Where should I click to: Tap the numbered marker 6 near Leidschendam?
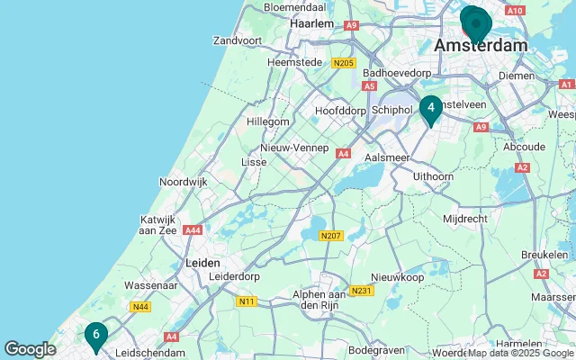[x=95, y=336]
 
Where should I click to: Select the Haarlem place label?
[x=311, y=23]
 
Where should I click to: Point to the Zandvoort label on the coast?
[x=238, y=40]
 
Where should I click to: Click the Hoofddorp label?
[x=337, y=110]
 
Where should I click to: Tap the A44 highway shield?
[x=193, y=230]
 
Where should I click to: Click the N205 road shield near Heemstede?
[x=341, y=63]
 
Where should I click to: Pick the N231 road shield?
[x=362, y=290]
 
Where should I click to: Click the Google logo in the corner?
[x=30, y=349]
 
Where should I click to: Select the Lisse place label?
[x=254, y=161]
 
